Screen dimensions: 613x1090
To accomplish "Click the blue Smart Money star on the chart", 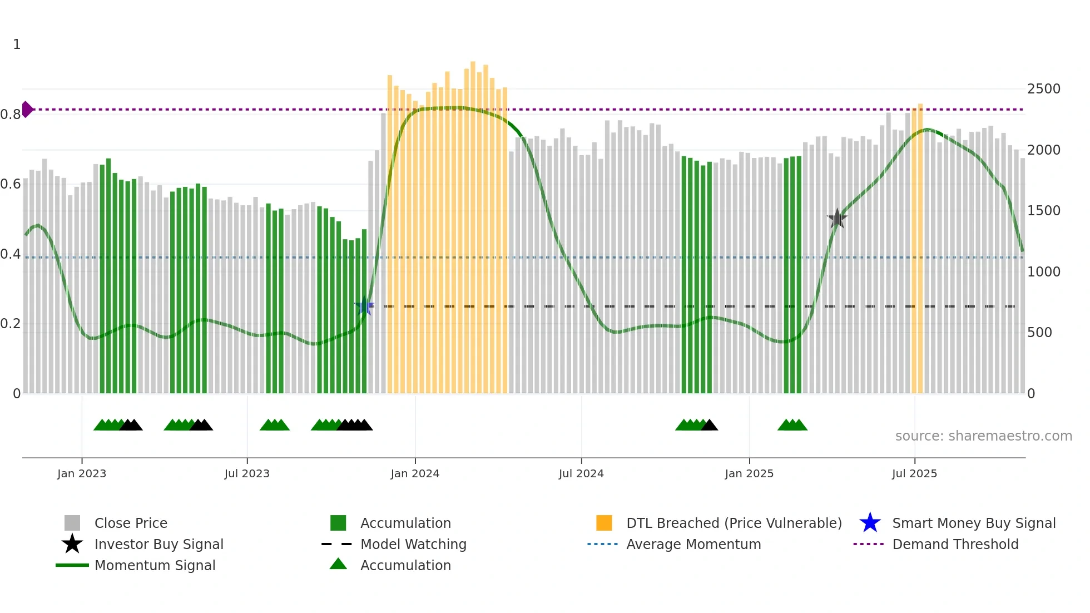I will [x=364, y=306].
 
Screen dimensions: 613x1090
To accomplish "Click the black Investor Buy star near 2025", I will [x=837, y=219].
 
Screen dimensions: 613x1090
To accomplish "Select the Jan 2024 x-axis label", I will [x=415, y=473].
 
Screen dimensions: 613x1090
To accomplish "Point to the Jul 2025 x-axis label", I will [x=914, y=473].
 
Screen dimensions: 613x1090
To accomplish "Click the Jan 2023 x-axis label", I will [x=82, y=473].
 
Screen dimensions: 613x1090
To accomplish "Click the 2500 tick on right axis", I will [x=1043, y=89].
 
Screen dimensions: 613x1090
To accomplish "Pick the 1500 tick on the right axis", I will [x=1043, y=211].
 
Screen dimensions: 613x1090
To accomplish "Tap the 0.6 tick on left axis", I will [x=11, y=184].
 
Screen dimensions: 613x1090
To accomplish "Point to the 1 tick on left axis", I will [x=17, y=45].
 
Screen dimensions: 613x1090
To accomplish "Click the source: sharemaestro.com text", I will [x=983, y=436].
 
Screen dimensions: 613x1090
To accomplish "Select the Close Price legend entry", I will [x=131, y=523].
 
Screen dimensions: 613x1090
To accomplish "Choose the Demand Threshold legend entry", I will [x=955, y=544].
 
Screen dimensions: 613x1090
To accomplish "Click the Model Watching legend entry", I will [x=413, y=544].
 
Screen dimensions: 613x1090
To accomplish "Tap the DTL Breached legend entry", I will [x=734, y=523].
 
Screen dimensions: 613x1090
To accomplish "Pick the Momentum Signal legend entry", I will [x=155, y=565].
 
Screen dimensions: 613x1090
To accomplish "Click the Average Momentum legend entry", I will [x=693, y=544].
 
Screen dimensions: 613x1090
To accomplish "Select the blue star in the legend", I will [x=870, y=523].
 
